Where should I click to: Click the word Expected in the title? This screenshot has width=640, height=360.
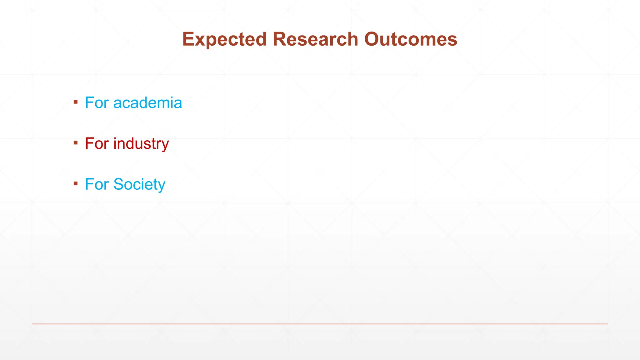coord(224,40)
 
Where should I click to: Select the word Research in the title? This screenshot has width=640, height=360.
coord(315,39)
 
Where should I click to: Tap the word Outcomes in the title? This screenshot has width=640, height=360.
coord(411,39)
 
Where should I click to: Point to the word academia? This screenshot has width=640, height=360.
coord(147,103)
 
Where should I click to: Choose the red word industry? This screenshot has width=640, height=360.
coord(141,144)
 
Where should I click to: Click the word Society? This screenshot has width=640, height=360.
coord(139,184)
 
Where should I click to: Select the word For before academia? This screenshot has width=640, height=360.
coord(97,103)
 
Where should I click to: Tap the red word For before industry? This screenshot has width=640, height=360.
coord(97,144)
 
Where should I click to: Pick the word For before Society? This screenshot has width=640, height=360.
coord(97,184)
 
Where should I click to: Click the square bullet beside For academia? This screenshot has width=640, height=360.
coord(76,102)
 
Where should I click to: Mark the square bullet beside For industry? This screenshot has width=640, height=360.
coord(76,143)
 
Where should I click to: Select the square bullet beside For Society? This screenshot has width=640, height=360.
coord(76,183)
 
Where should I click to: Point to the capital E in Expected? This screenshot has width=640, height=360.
coord(188,39)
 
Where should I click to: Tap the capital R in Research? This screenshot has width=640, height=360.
coord(279,39)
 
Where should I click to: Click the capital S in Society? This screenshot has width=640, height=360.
coord(120,184)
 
